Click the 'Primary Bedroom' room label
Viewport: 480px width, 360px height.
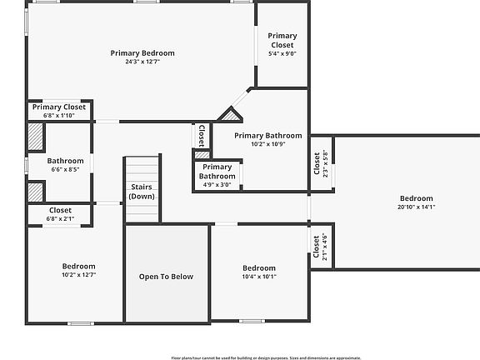pyautogui.click(x=142, y=52)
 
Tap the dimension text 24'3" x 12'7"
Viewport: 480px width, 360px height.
pyautogui.click(x=142, y=62)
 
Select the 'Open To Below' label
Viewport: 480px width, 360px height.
pyautogui.click(x=166, y=277)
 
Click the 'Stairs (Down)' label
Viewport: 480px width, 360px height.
pyautogui.click(x=142, y=192)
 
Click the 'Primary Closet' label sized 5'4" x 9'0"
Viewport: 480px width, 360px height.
pyautogui.click(x=282, y=40)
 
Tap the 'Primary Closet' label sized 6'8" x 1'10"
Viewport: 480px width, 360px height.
pyautogui.click(x=59, y=107)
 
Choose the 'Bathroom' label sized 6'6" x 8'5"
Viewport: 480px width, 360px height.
pyautogui.click(x=65, y=161)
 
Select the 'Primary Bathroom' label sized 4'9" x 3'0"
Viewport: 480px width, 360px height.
pyautogui.click(x=217, y=172)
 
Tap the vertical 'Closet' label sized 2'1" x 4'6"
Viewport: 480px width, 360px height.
pyautogui.click(x=317, y=247)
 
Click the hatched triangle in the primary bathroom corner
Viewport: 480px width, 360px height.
pyautogui.click(x=229, y=116)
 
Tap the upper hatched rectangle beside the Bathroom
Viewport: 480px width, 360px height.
pyautogui.click(x=35, y=137)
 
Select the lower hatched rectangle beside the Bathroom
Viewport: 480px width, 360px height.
pyautogui.click(x=35, y=192)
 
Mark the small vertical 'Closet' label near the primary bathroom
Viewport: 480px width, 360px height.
pyautogui.click(x=201, y=135)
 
